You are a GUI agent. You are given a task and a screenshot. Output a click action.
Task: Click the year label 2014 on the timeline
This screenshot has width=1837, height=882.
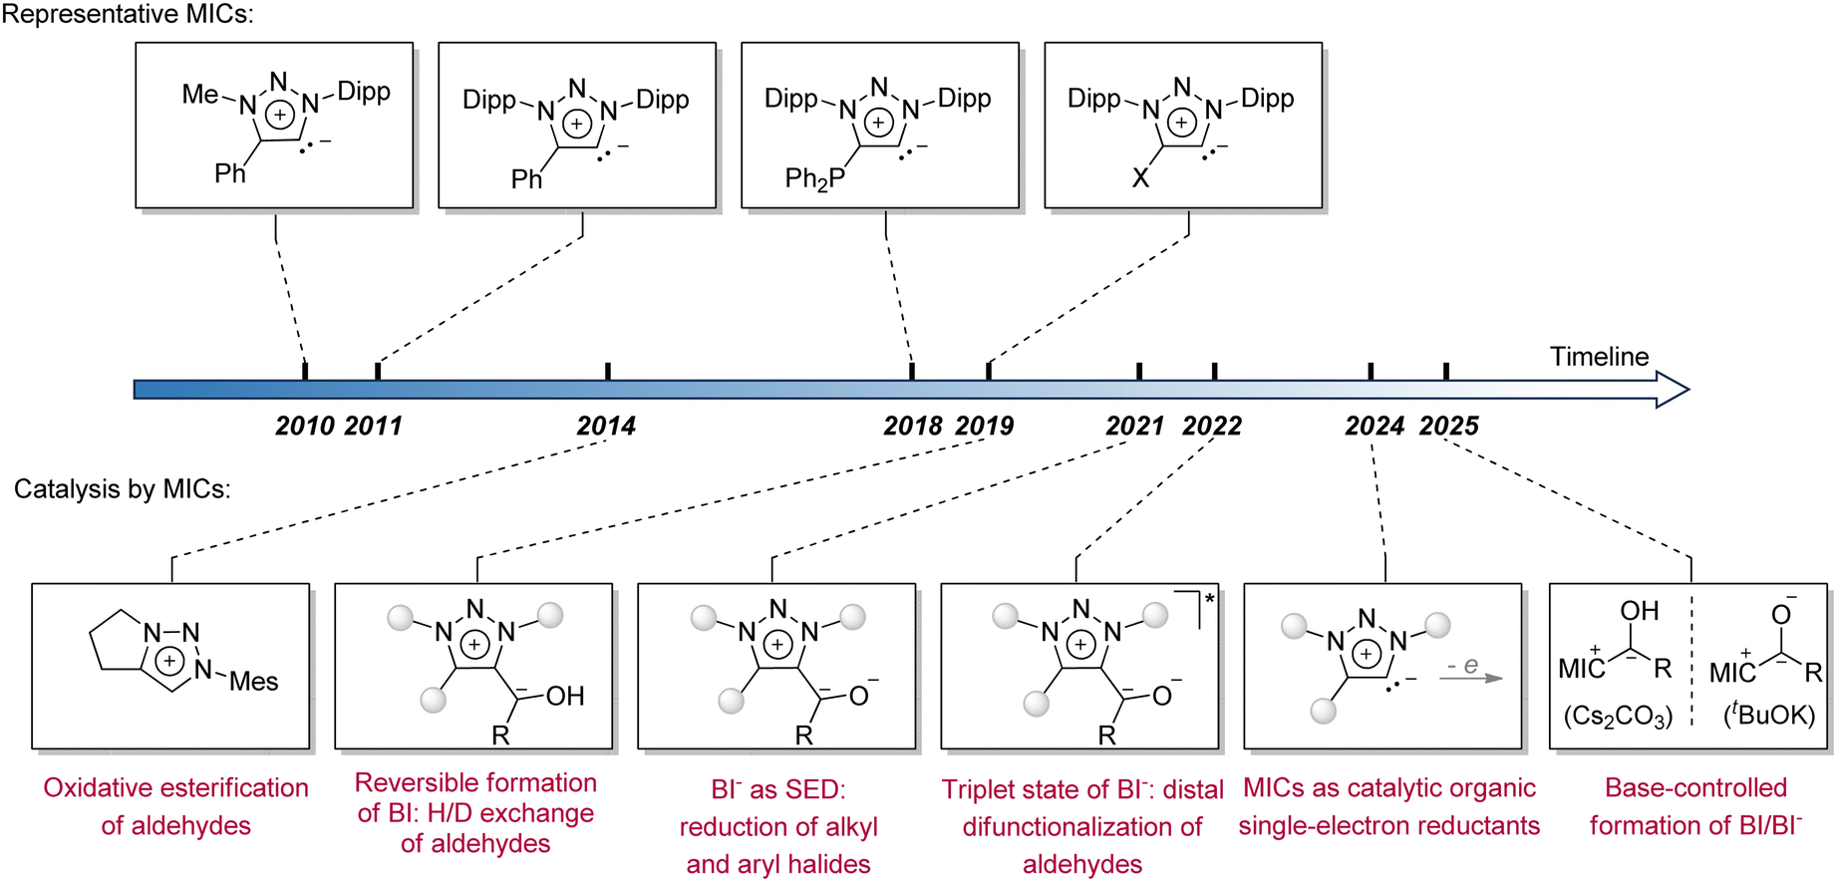[606, 426]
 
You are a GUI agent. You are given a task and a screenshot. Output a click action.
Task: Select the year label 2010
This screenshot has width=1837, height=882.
[305, 426]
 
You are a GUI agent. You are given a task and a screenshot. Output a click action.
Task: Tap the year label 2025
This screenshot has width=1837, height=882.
[1449, 426]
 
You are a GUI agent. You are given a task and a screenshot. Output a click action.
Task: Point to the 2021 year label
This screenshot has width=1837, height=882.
[1134, 426]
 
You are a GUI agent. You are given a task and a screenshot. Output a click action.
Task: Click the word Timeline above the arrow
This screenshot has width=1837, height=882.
[1599, 357]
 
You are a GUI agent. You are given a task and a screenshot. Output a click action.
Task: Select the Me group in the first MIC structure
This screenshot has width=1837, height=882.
[199, 95]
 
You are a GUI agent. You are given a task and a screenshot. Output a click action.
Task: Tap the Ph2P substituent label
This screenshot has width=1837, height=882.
[814, 178]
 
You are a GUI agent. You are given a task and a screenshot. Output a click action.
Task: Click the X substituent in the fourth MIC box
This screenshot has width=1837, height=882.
[1140, 178]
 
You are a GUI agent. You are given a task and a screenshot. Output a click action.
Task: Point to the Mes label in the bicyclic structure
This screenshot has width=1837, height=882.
[253, 682]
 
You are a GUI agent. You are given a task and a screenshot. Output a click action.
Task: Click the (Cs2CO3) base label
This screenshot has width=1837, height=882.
[1618, 717]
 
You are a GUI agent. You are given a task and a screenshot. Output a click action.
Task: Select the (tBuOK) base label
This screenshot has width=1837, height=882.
[1769, 715]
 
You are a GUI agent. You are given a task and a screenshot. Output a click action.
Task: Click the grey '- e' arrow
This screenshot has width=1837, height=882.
[1471, 677]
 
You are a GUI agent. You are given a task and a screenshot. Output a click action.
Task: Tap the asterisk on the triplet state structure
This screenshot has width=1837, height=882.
[1209, 600]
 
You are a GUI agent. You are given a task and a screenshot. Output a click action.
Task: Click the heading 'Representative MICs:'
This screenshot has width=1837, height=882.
[128, 15]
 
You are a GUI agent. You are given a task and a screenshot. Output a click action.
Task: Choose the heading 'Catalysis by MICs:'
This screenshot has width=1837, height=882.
[123, 489]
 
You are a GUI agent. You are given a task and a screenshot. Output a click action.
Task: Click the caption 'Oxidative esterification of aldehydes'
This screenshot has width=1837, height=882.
[175, 806]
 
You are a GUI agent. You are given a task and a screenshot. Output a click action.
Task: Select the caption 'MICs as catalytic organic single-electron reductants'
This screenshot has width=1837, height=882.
[1388, 806]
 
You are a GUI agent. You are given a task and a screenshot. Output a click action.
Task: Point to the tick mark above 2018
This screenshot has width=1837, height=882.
[912, 371]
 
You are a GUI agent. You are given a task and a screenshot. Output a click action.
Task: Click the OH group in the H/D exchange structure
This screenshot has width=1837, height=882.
[565, 696]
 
